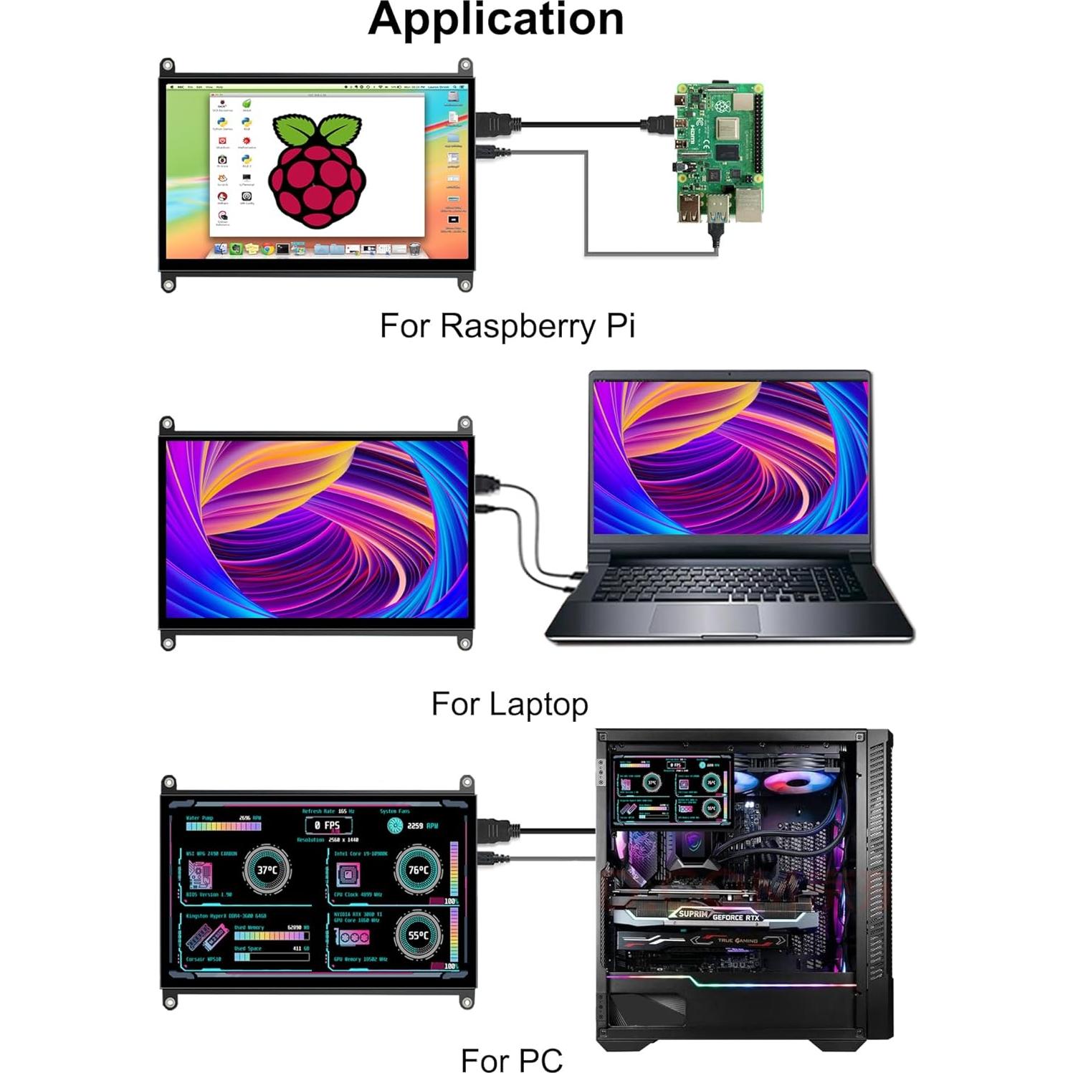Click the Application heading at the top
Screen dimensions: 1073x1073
point(495,19)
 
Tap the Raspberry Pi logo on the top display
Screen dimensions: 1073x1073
point(317,171)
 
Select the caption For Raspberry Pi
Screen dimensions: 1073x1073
point(507,326)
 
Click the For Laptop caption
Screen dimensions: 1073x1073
point(509,704)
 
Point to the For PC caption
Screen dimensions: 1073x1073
point(511,1059)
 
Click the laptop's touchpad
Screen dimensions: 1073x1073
point(705,618)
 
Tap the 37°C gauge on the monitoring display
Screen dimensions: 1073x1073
point(267,869)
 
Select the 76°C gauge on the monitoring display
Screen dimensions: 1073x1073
point(418,869)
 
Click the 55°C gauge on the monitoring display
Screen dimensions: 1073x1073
point(418,935)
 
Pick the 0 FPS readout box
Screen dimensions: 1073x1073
point(328,825)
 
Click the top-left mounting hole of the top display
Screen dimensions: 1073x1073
point(167,65)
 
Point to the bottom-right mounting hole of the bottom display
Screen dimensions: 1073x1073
point(467,1001)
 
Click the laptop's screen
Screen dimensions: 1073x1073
point(730,457)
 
